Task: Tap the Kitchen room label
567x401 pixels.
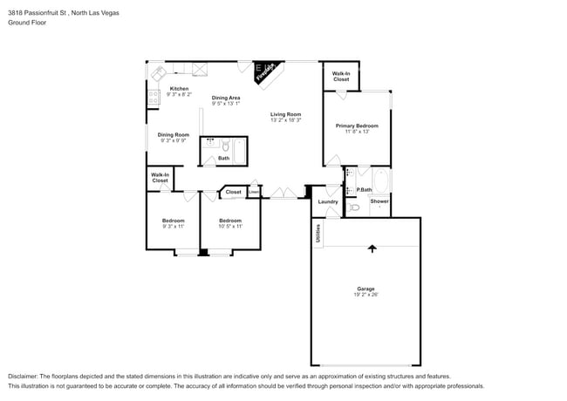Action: [x=179, y=89]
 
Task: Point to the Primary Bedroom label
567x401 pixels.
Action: [x=357, y=126]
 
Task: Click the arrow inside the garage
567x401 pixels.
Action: [x=372, y=248]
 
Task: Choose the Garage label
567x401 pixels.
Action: [x=365, y=289]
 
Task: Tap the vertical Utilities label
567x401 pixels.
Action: [x=318, y=234]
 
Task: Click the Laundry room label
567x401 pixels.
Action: [x=328, y=201]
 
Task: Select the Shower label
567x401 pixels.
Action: [x=379, y=201]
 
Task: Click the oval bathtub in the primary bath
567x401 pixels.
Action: [x=380, y=181]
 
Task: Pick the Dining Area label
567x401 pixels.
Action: [x=225, y=98]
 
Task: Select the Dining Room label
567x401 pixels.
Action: [x=174, y=134]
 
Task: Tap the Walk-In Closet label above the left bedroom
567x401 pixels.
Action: [x=161, y=178]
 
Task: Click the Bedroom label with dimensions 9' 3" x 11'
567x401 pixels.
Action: [x=173, y=221]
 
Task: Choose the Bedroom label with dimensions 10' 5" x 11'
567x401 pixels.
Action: [x=230, y=221]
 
